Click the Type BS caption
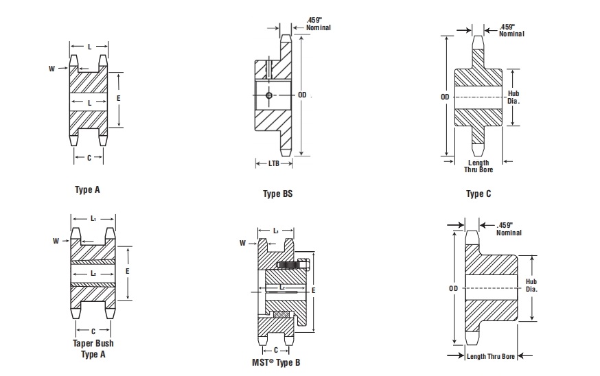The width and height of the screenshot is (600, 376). (277, 194)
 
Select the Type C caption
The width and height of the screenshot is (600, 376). (478, 194)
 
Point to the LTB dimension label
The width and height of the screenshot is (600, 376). (273, 163)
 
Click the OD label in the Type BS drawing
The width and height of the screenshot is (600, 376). (302, 95)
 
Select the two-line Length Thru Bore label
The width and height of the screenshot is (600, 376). (478, 166)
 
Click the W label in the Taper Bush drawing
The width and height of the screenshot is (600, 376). (56, 241)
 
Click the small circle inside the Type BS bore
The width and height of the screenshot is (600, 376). (268, 95)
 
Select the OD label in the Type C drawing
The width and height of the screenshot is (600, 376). (445, 97)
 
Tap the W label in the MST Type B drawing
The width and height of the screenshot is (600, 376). (243, 242)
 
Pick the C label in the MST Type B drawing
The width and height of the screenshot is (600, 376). (275, 350)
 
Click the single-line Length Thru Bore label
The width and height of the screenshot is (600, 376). (491, 355)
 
